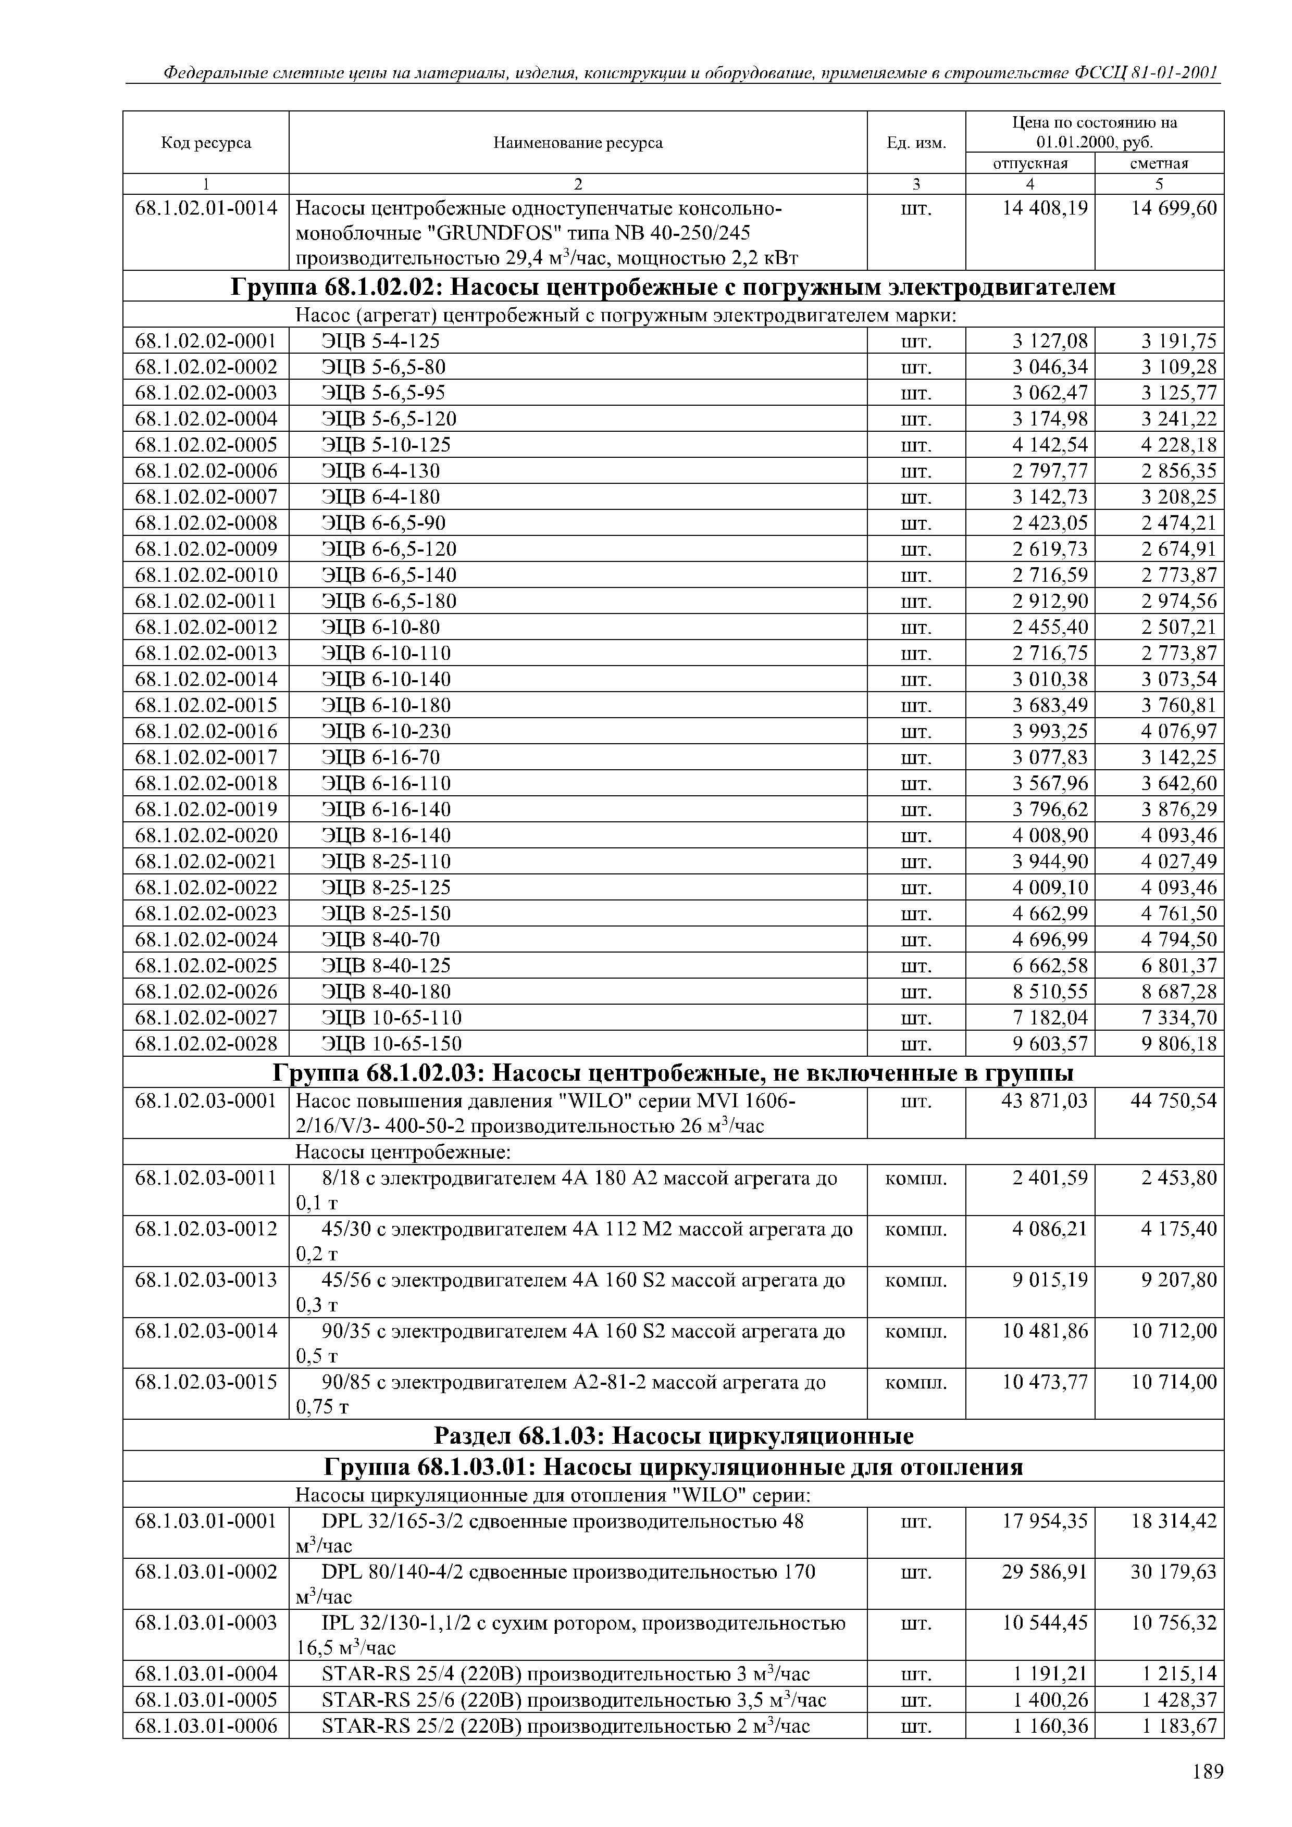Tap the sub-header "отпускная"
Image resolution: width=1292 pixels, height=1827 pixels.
pyautogui.click(x=1030, y=163)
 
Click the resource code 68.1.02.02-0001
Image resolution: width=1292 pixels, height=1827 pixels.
pyautogui.click(x=206, y=341)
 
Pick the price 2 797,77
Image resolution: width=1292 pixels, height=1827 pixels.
pyautogui.click(x=1050, y=470)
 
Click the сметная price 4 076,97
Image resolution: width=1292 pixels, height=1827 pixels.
pyautogui.click(x=1179, y=731)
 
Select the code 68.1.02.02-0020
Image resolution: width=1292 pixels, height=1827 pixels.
pyautogui.click(x=206, y=835)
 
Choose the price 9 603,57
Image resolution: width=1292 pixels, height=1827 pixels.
pyautogui.click(x=1050, y=1043)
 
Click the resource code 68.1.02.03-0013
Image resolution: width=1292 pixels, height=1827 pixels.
pyautogui.click(x=206, y=1280)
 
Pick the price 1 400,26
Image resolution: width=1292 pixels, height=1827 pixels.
pyautogui.click(x=1050, y=1700)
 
